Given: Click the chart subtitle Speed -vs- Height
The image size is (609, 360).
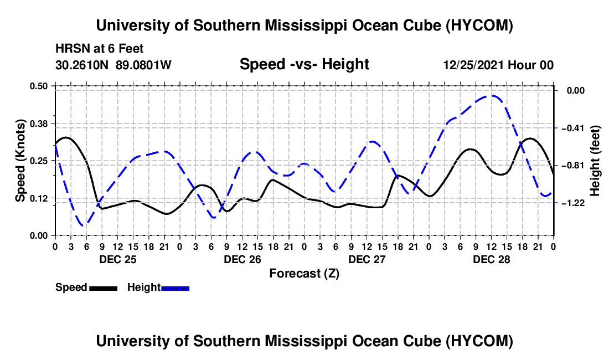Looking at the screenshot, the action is [x=304, y=64].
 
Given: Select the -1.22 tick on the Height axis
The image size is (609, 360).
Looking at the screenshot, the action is [x=573, y=203].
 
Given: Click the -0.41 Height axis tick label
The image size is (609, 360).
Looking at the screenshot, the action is [x=573, y=128].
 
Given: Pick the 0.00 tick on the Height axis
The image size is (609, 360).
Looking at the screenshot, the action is [x=576, y=90].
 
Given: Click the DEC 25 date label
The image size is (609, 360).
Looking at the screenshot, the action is [x=118, y=259].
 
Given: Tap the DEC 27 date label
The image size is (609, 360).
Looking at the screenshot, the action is [x=367, y=259].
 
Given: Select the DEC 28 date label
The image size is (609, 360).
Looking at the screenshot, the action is [x=491, y=259].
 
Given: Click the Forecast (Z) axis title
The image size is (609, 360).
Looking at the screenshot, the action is [x=304, y=274].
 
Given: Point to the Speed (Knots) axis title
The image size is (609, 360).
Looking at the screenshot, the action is [x=20, y=161].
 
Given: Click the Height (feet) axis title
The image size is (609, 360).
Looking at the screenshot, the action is [x=595, y=161].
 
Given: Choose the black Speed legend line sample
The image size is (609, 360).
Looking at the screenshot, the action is [x=104, y=289].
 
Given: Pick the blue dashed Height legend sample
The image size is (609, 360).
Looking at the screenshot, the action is [x=175, y=289].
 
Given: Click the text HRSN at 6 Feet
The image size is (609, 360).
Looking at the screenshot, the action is [x=100, y=49].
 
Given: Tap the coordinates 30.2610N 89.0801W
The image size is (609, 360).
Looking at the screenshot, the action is [x=113, y=65].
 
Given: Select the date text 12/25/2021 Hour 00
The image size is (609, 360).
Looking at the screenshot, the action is [x=498, y=65].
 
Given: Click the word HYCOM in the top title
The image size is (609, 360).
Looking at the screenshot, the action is [x=479, y=25].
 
